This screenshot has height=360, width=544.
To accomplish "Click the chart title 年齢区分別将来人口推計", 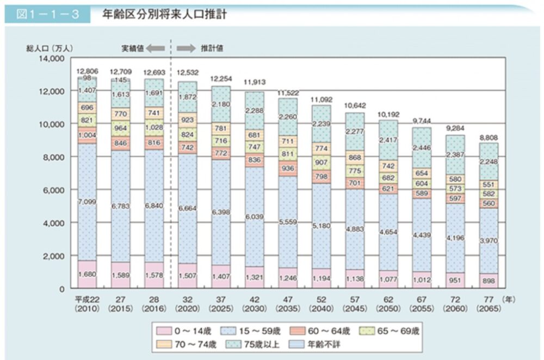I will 164,14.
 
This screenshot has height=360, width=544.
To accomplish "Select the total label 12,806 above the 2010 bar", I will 86,71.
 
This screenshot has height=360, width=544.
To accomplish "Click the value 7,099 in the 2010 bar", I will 86,202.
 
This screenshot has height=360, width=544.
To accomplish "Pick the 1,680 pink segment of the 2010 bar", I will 86,275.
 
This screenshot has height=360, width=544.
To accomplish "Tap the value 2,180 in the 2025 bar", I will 220,104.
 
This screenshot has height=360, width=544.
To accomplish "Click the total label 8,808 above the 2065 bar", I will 488,138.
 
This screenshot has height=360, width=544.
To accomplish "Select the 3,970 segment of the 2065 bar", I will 488,240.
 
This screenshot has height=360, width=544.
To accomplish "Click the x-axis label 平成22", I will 86,299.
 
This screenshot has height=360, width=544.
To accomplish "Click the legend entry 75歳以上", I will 262,344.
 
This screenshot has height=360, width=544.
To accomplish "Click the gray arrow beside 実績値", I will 156,48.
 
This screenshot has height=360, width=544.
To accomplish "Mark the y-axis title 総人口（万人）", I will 46,48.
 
